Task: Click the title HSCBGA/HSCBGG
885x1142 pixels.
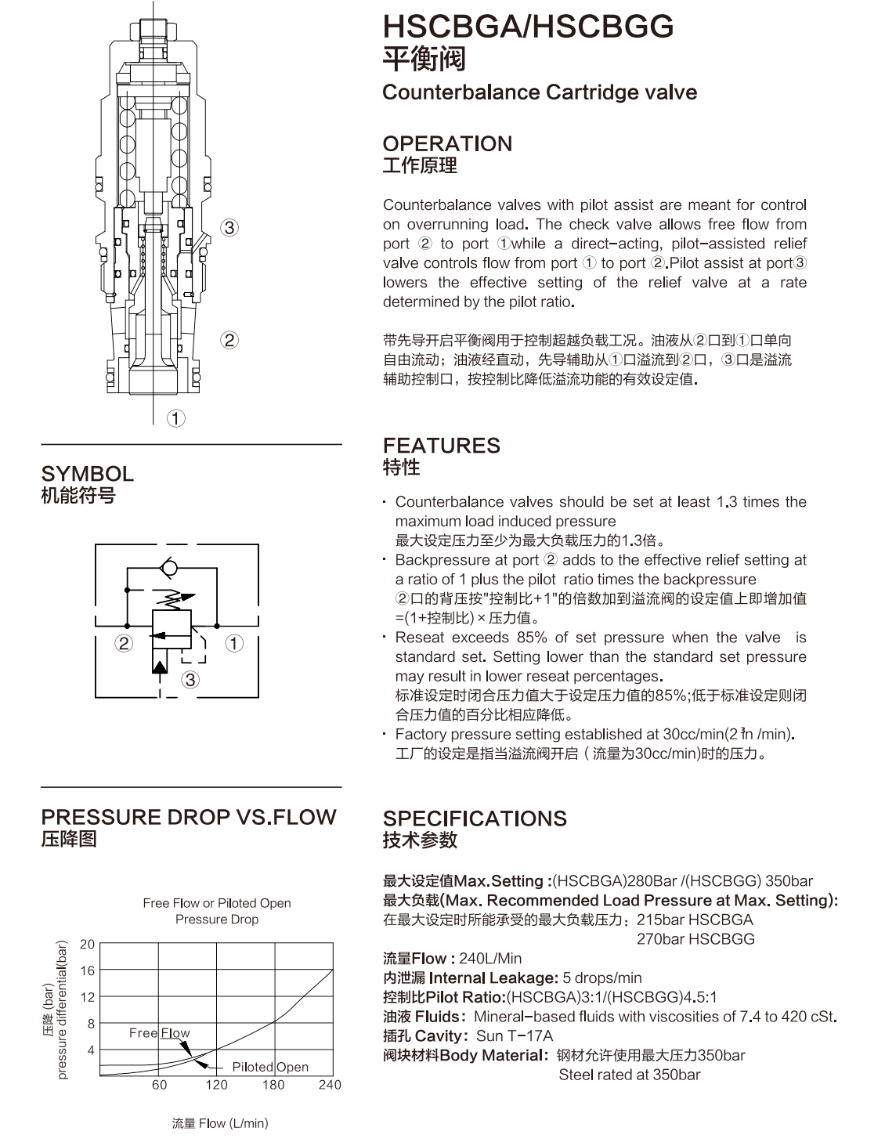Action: coord(528,27)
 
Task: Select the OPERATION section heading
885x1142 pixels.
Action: coord(447,143)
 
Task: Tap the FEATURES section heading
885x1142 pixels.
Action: coord(442,446)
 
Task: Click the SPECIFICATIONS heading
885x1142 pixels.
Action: coord(475,819)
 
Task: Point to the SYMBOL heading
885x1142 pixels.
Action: coord(88,474)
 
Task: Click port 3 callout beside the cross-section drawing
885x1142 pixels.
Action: coord(229,228)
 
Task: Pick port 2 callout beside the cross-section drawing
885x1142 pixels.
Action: coord(229,340)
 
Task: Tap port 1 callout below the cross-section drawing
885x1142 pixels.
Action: coord(176,419)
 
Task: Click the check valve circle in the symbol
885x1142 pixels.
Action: coord(169,568)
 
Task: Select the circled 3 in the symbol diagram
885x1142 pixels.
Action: coord(190,680)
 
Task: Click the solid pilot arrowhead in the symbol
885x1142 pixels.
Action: coord(160,667)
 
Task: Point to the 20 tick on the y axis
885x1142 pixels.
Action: coord(87,945)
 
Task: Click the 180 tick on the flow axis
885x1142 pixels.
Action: coord(273,1084)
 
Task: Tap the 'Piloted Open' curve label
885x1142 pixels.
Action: coord(270,1067)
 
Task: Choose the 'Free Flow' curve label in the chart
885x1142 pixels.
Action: coord(160,1032)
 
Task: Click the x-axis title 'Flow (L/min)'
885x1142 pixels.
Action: coord(233,1123)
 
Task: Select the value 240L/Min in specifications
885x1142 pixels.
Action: coord(490,958)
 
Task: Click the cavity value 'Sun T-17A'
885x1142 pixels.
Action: coord(515,1035)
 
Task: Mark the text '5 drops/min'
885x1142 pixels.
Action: coord(602,978)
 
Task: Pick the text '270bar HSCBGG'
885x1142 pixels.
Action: coord(695,938)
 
